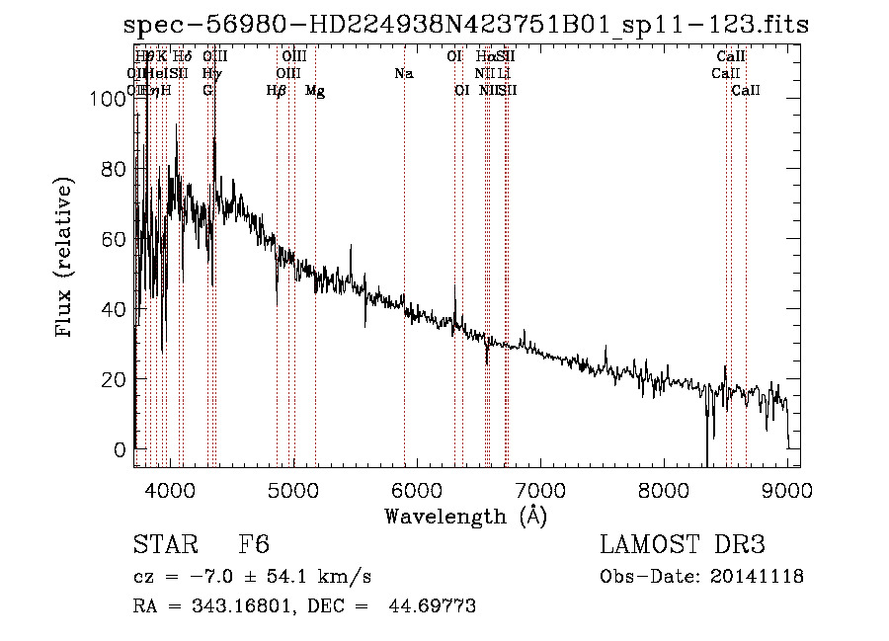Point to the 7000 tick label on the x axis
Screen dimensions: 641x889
pyautogui.click(x=540, y=489)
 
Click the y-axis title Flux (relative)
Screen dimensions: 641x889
pyautogui.click(x=66, y=259)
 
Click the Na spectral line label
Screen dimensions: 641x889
pyautogui.click(x=403, y=73)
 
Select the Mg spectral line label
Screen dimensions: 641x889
pyautogui.click(x=315, y=91)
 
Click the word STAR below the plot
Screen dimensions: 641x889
pyautogui.click(x=158, y=545)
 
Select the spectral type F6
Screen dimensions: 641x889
pyautogui.click(x=254, y=545)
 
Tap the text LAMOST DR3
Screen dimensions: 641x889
pyautogui.click(x=682, y=545)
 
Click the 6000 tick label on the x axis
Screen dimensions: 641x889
pyautogui.click(x=417, y=489)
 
